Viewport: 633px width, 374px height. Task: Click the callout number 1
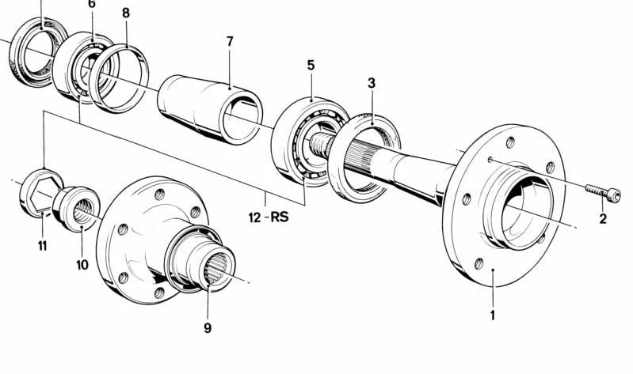(492, 315)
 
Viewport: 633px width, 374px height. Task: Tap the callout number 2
(603, 219)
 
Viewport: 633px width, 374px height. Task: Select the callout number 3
(371, 82)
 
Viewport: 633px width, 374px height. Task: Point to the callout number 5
(311, 66)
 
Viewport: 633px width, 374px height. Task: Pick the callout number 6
(92, 4)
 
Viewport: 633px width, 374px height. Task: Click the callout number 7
(229, 40)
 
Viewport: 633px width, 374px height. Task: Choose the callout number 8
(126, 13)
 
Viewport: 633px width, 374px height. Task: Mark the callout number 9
(208, 328)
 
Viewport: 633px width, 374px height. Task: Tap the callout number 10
(82, 265)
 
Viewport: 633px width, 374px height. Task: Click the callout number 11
(42, 246)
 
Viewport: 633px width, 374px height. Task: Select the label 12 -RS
(268, 216)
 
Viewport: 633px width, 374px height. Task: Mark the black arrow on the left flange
(162, 278)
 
